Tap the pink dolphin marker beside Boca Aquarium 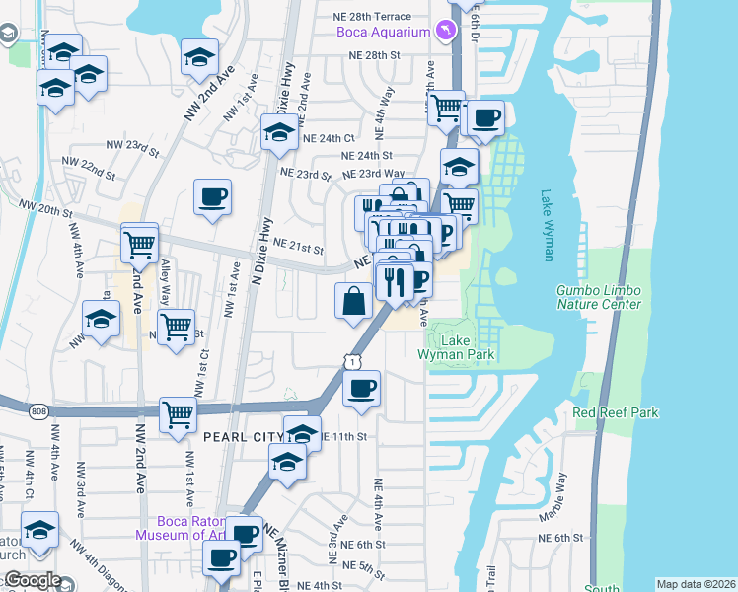[x=450, y=32]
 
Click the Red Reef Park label [x=615, y=412]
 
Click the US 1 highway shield [x=351, y=363]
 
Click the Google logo [x=33, y=580]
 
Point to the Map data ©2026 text [x=695, y=584]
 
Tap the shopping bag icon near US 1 [x=354, y=300]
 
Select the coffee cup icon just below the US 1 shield [x=362, y=387]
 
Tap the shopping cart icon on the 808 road [x=178, y=413]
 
